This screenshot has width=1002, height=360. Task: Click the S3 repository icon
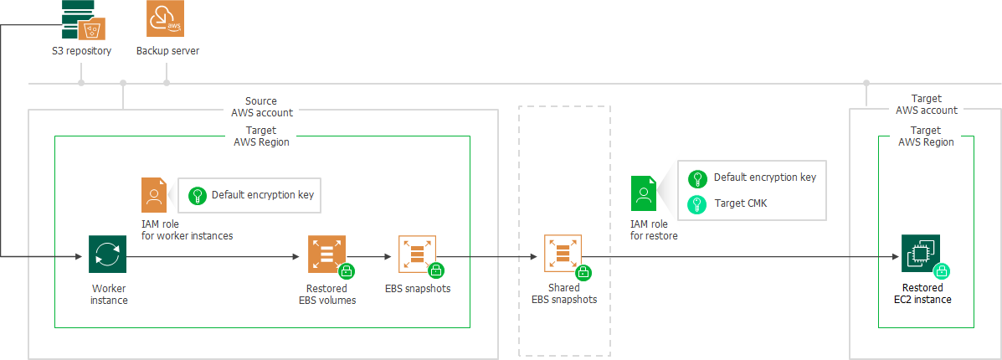pos(81,20)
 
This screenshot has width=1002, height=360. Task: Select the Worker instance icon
pos(107,254)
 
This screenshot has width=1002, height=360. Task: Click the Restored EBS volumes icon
pos(326,254)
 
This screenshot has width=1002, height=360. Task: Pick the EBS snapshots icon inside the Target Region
pos(417,254)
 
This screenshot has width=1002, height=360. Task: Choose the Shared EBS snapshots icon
pos(563,255)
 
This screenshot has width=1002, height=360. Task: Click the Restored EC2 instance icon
pos(921,253)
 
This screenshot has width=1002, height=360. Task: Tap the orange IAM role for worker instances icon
pos(154,195)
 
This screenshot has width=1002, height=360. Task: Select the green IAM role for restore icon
pos(643,194)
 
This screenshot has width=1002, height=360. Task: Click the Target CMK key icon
pos(696,203)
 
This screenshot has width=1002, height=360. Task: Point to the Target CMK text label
pos(742,203)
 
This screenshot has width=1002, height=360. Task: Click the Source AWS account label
pos(262,106)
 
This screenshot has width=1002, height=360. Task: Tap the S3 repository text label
pos(81,51)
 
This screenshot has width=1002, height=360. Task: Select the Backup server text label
pos(167,51)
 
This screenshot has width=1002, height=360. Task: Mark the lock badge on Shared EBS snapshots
pos(584,272)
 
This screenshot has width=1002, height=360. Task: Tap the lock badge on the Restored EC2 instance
pos(942,271)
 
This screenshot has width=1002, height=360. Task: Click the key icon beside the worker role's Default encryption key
pos(198,195)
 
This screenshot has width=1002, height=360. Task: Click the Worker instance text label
pos(109,294)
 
